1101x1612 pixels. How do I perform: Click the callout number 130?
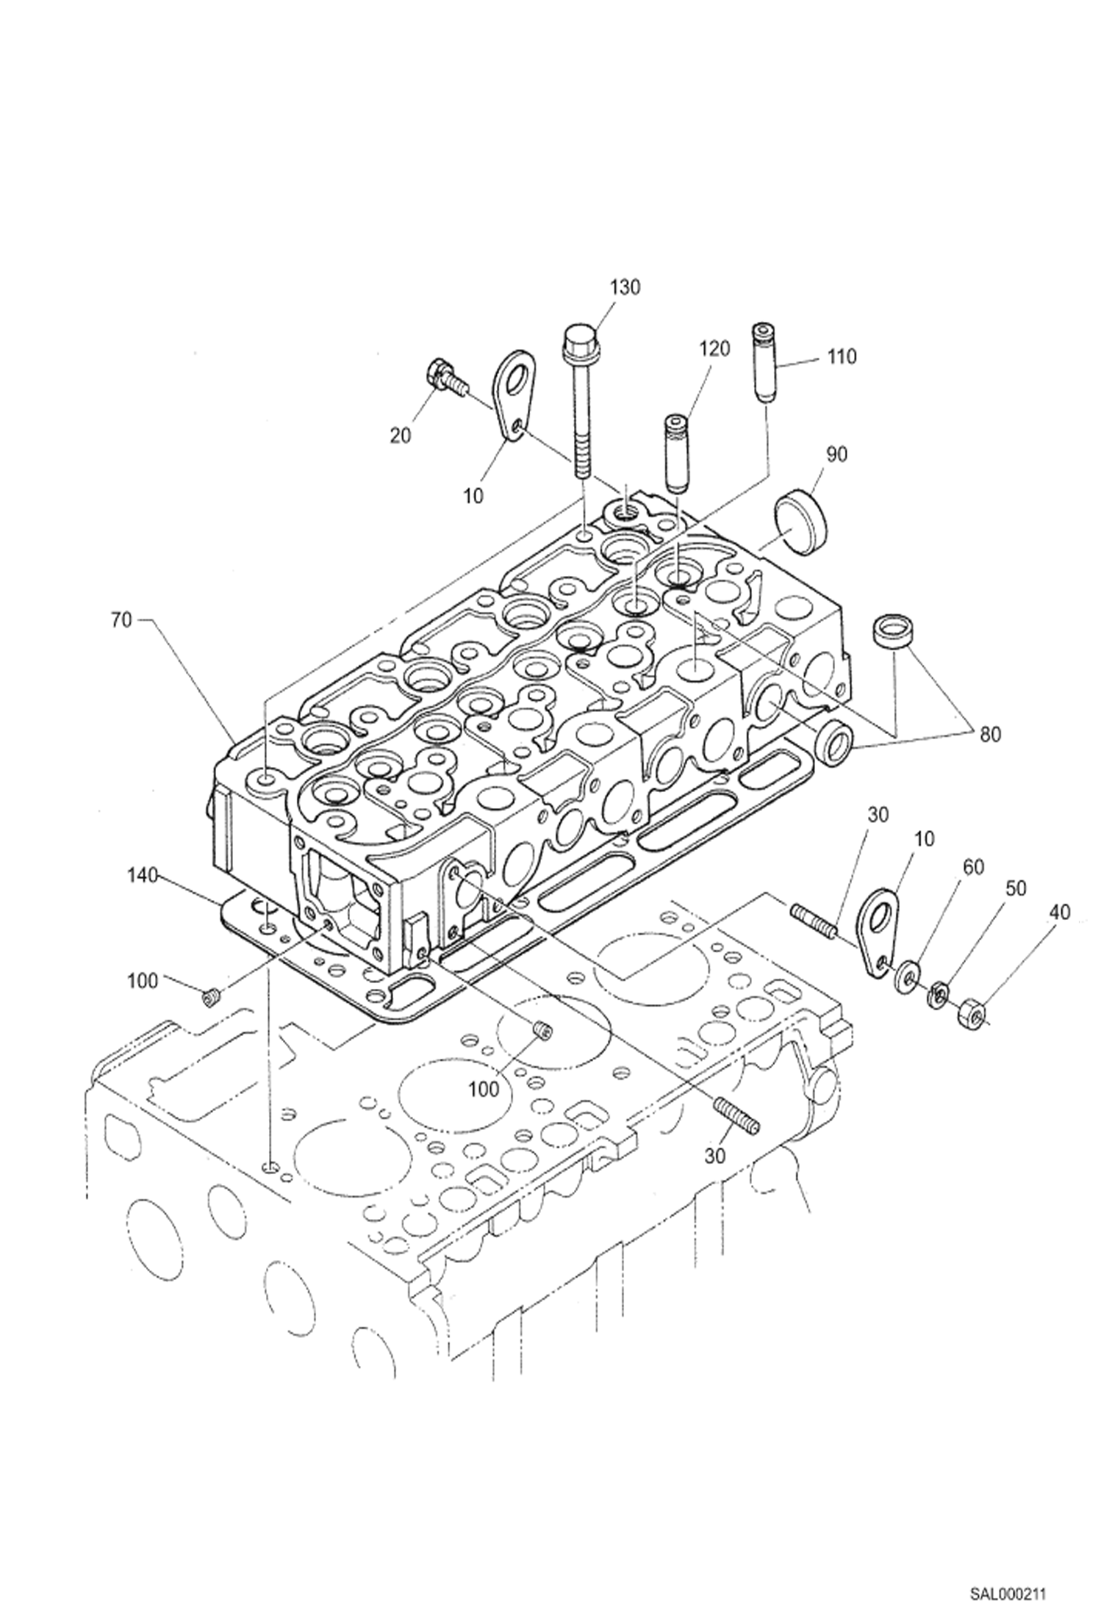pyautogui.click(x=624, y=287)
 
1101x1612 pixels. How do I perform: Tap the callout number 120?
pyautogui.click(x=714, y=348)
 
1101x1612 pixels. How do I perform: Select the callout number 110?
pyautogui.click(x=841, y=357)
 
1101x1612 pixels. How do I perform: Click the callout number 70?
pyautogui.click(x=121, y=621)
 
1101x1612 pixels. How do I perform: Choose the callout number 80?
pyautogui.click(x=989, y=734)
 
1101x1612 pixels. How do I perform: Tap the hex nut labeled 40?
pyautogui.click(x=971, y=1016)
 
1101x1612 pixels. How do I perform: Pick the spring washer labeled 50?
pyautogui.click(x=937, y=996)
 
